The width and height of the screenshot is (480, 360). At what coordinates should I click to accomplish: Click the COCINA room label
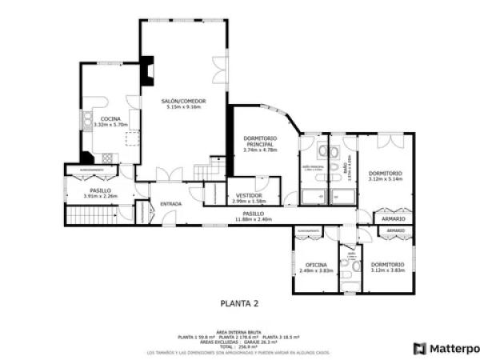pyautogui.click(x=110, y=119)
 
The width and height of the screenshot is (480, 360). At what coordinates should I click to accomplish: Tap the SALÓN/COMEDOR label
pyautogui.click(x=183, y=101)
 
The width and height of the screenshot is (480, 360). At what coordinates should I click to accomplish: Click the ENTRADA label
pyautogui.click(x=170, y=204)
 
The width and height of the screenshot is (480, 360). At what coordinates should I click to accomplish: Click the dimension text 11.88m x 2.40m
pyautogui.click(x=254, y=219)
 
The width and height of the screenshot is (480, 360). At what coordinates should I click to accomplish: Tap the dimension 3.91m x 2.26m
pyautogui.click(x=101, y=196)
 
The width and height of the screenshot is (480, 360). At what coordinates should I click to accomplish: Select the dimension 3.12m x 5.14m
pyautogui.click(x=386, y=179)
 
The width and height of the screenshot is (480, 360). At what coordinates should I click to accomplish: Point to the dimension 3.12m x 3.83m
pyautogui.click(x=387, y=270)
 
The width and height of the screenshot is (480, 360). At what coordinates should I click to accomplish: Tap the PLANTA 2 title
pyautogui.click(x=239, y=302)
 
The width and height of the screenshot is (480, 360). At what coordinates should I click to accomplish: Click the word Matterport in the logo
pyautogui.click(x=454, y=349)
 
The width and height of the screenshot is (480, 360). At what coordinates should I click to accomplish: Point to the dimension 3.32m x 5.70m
pyautogui.click(x=110, y=125)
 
